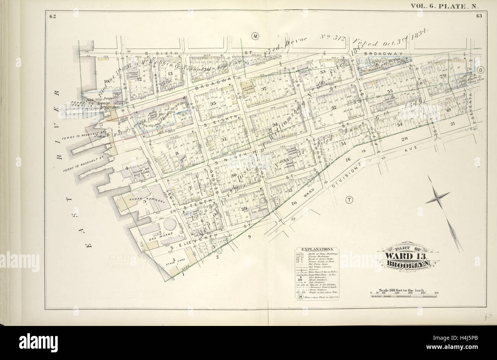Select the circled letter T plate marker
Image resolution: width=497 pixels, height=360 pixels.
(x=349, y=199)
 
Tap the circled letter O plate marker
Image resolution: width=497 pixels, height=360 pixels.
(x=480, y=70)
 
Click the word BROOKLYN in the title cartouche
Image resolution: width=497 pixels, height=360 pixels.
(x=408, y=263)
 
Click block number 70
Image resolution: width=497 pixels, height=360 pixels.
(x=444, y=75)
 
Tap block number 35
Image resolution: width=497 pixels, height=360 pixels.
(x=214, y=103)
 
